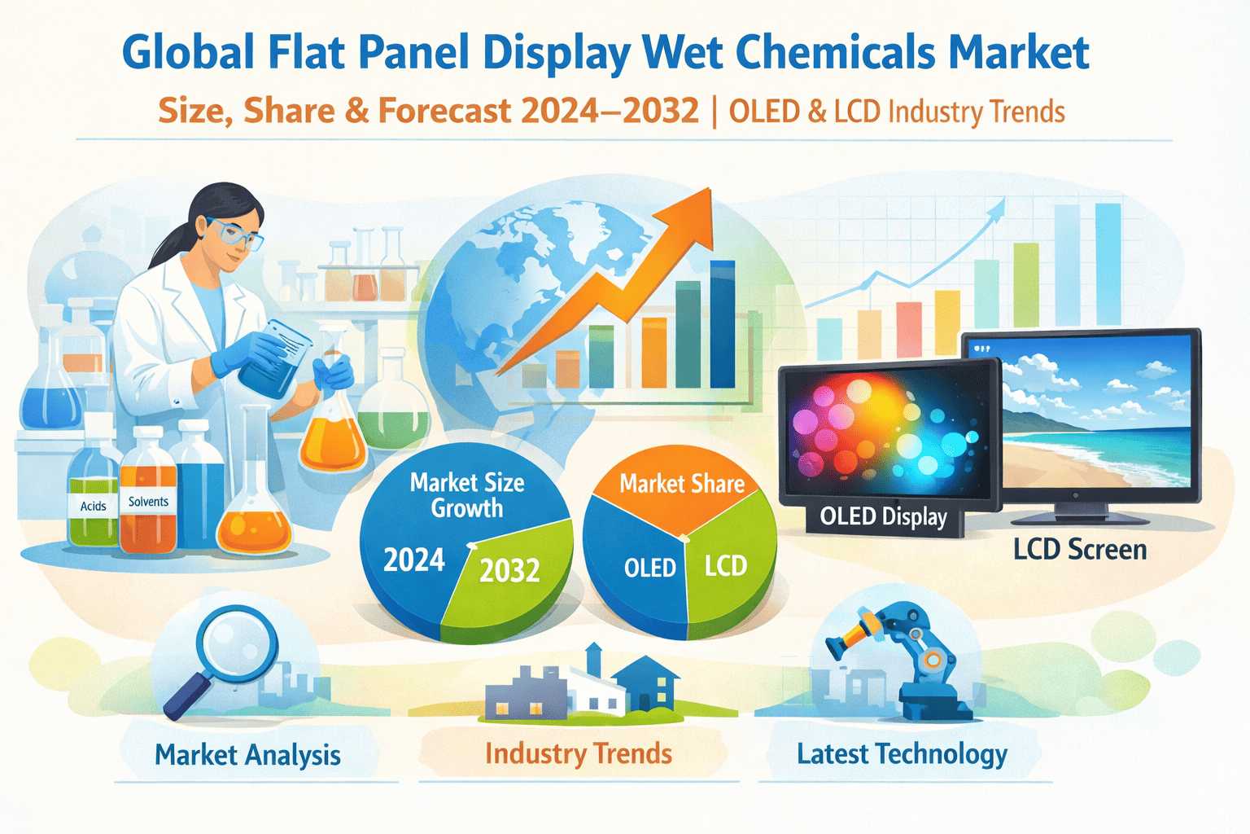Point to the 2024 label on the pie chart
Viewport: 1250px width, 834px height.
click(x=414, y=560)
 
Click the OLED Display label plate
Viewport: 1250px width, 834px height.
click(x=883, y=517)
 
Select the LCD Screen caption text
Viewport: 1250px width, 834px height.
click(x=1080, y=550)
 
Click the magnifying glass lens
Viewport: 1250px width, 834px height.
click(x=238, y=646)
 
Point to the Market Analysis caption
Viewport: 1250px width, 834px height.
click(x=247, y=755)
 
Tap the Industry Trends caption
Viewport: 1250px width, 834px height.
click(x=579, y=753)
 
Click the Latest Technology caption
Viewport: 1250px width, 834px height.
click(x=902, y=753)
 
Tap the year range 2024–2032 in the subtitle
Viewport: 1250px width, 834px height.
click(x=610, y=111)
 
